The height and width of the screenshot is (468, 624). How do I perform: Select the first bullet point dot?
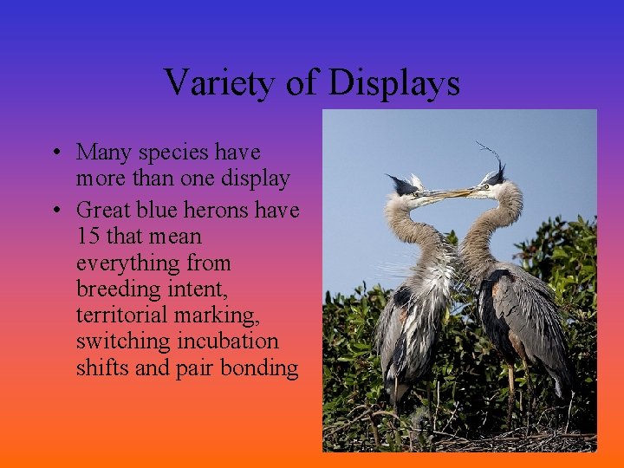[55, 154]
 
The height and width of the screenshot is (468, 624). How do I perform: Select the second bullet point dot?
[55, 211]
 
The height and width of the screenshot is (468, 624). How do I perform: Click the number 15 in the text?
[88, 236]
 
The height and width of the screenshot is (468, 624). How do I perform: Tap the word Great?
[103, 210]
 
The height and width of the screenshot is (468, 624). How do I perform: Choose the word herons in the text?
[220, 210]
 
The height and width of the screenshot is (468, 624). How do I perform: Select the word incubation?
[227, 341]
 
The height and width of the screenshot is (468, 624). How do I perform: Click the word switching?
[122, 341]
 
